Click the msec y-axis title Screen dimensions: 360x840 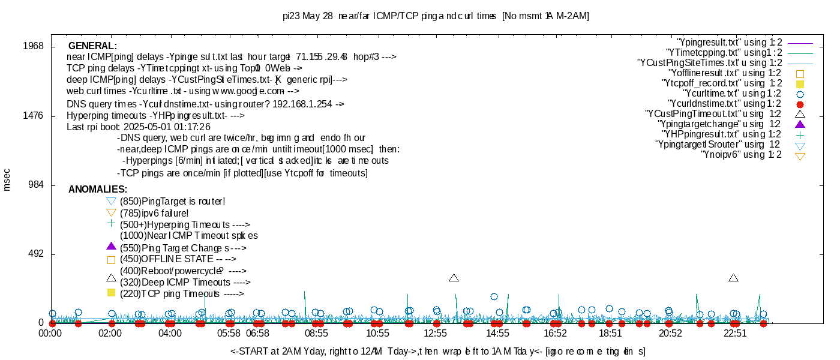pos(7,179)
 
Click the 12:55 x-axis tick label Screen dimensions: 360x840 pos(436,334)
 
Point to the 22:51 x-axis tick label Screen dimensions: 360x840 pos(735,334)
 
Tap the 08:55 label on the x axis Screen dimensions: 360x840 pos(317,334)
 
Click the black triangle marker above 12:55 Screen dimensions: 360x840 pos(454,278)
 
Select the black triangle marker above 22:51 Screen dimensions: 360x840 pos(733,278)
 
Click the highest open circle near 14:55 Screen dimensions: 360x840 pos(494,296)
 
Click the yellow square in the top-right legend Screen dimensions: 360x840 pos(799,84)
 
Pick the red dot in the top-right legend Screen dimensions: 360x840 pos(799,104)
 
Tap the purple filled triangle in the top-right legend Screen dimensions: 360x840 pos(799,125)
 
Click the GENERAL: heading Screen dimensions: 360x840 pos(92,46)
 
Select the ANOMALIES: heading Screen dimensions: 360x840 pos(98,190)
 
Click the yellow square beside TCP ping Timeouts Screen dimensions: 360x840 pos(110,293)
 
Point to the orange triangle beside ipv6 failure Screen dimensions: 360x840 pos(110,212)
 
